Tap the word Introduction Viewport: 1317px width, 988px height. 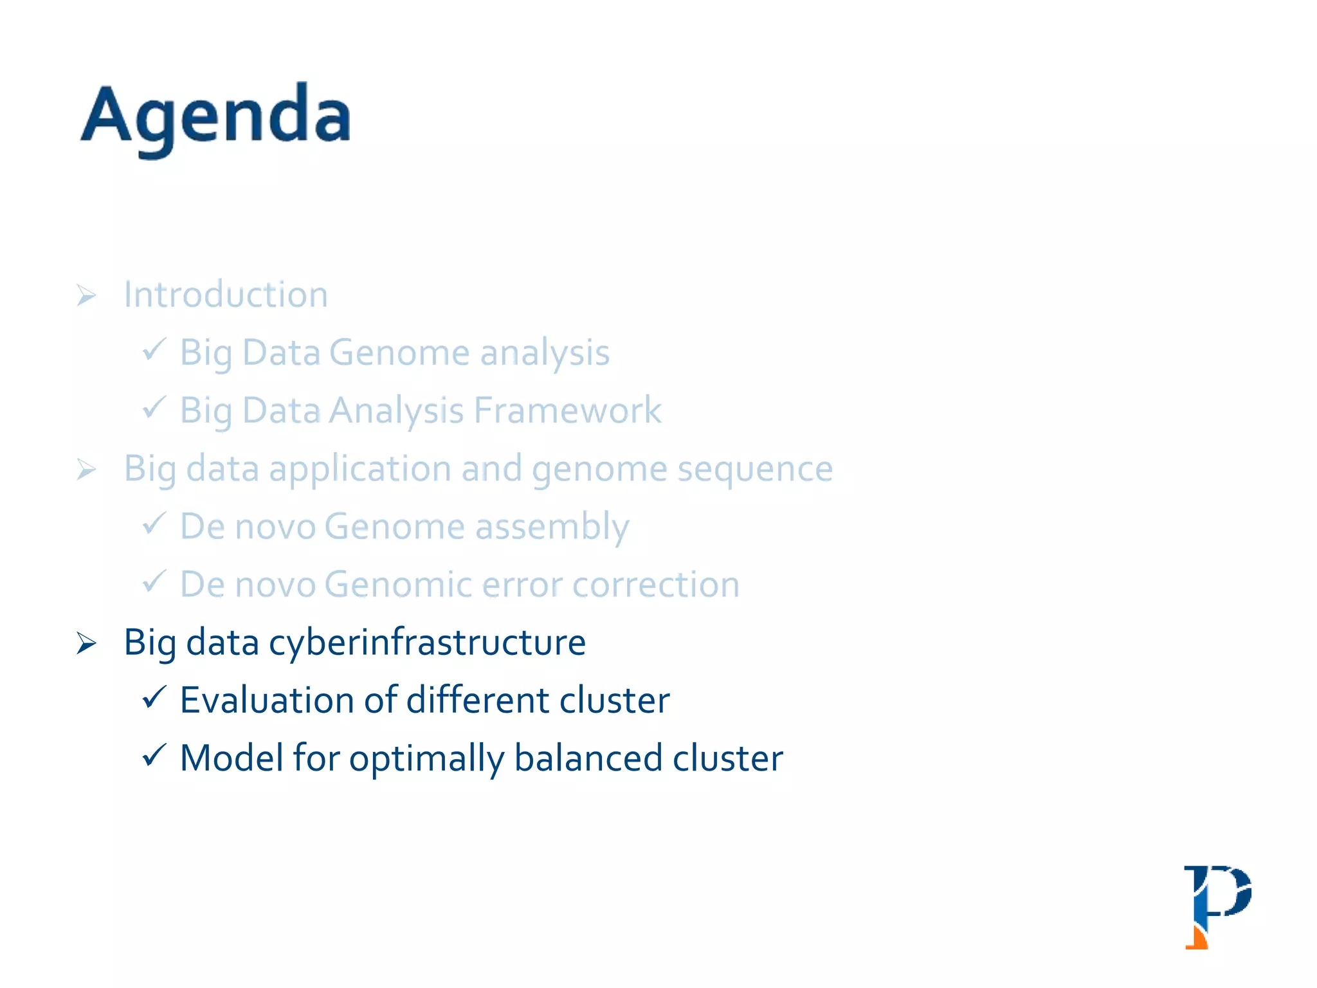pos(226,295)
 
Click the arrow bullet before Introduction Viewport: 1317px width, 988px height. pos(86,295)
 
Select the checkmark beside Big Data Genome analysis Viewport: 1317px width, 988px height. pos(154,349)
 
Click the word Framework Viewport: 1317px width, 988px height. pos(567,410)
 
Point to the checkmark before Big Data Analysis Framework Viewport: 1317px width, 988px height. pos(154,407)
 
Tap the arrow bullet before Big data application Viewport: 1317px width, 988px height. pos(86,469)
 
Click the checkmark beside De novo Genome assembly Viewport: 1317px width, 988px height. pos(154,523)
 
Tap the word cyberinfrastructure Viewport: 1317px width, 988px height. pos(427,643)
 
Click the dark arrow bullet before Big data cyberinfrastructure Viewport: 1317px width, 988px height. pos(86,643)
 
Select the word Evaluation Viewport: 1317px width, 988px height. pos(267,700)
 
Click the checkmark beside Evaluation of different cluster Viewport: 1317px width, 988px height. pos(154,697)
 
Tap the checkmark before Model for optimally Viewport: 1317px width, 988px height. pos(154,755)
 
